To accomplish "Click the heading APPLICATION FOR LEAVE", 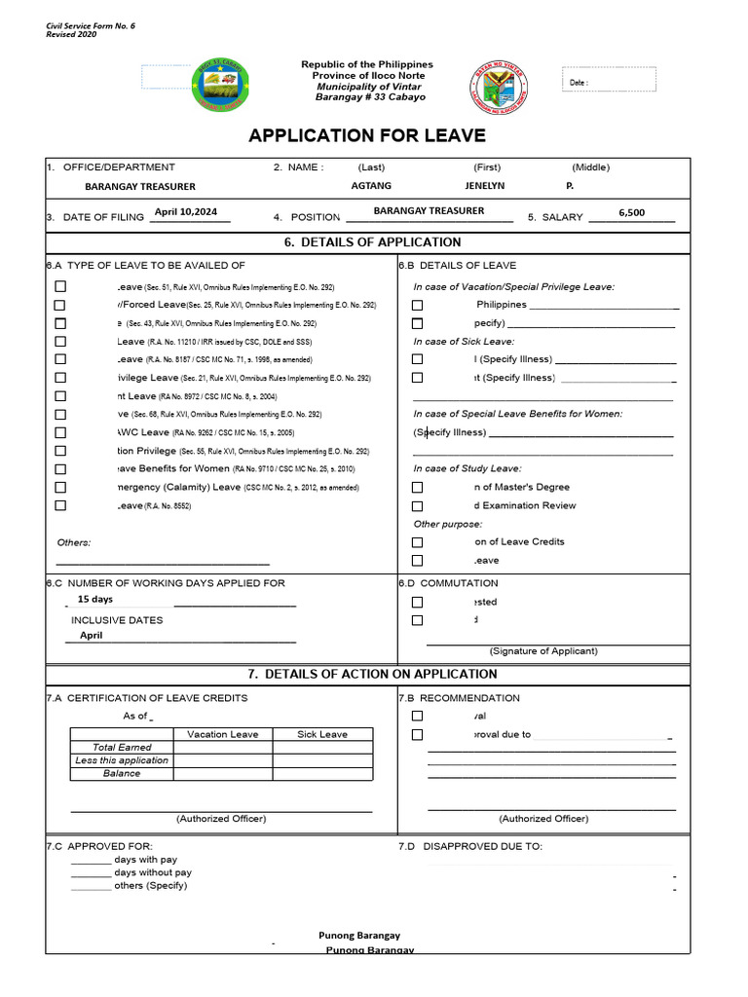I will [366, 135].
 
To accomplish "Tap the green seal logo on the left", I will [221, 85].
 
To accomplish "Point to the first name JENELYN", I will [484, 186].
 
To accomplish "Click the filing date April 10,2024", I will [185, 211].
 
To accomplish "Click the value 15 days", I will [95, 600].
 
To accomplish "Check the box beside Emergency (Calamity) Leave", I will [60, 487].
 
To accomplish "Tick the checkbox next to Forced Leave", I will [60, 305].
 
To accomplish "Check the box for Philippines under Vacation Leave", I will [418, 305].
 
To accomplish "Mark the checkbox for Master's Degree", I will [418, 487].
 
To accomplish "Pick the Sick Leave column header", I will [321, 734].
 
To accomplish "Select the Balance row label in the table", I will [122, 773].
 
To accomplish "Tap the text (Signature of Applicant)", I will [543, 651].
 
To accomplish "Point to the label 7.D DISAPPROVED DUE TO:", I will [469, 846].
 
